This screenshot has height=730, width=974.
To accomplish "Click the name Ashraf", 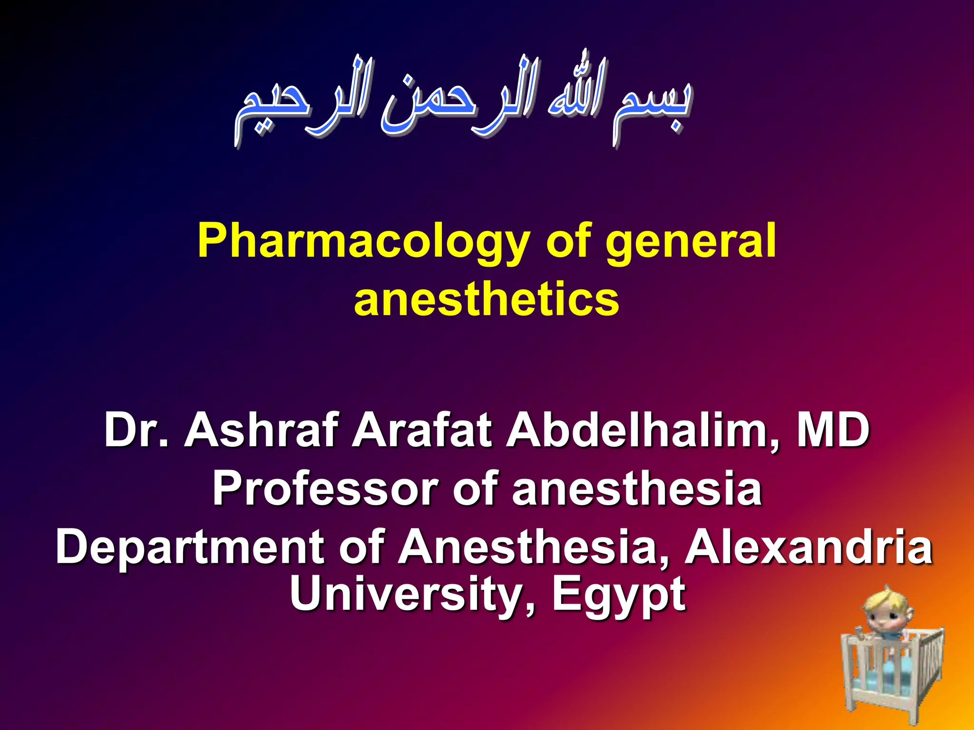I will tap(262, 430).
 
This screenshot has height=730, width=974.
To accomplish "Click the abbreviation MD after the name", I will tap(833, 430).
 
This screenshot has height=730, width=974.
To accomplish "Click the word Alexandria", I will tap(808, 547).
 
